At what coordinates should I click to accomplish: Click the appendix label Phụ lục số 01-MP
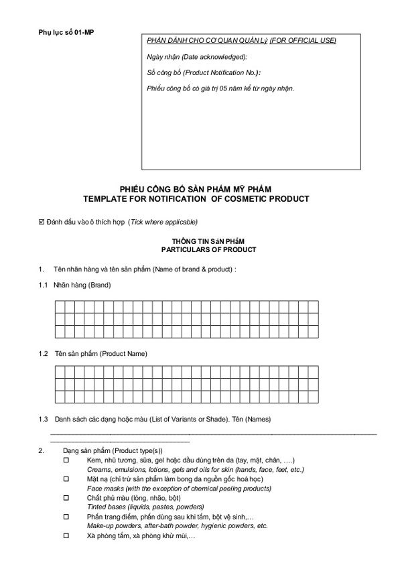66,32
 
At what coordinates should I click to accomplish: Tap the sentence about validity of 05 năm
220,88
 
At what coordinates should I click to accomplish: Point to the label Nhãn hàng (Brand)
83,286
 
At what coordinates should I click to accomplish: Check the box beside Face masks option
66,480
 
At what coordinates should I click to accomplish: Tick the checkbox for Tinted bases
66,499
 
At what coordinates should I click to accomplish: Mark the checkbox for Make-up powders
66,517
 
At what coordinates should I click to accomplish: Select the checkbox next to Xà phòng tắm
66,537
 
